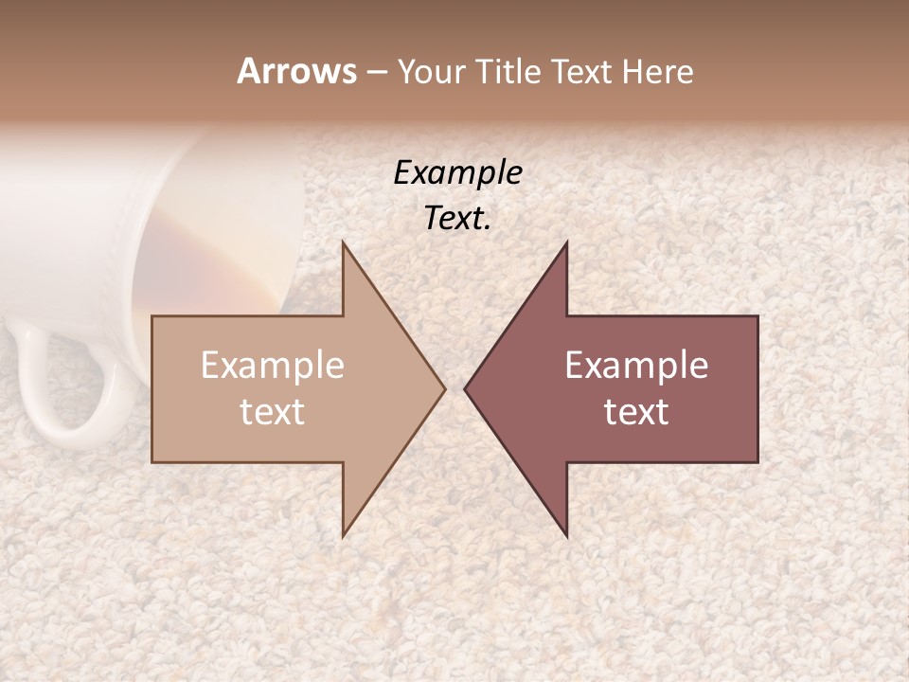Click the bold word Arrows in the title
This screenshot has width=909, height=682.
click(x=297, y=71)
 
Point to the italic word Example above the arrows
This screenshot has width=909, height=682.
click(x=457, y=172)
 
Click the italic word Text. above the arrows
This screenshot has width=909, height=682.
click(x=457, y=219)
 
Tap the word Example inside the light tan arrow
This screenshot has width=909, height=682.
click(x=273, y=366)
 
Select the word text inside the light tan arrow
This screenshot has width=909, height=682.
click(x=273, y=412)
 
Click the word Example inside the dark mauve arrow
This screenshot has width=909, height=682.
click(x=636, y=366)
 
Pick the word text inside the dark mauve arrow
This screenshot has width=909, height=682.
click(x=636, y=412)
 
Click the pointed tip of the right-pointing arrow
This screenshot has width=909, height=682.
click(x=444, y=388)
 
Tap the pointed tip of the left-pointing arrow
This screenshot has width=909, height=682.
click(x=465, y=388)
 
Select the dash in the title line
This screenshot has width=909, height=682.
click(x=376, y=72)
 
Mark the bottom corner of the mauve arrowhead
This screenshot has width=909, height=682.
click(x=566, y=536)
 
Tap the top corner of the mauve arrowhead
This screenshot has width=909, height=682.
click(x=566, y=242)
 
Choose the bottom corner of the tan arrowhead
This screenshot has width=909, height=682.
click(x=344, y=536)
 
